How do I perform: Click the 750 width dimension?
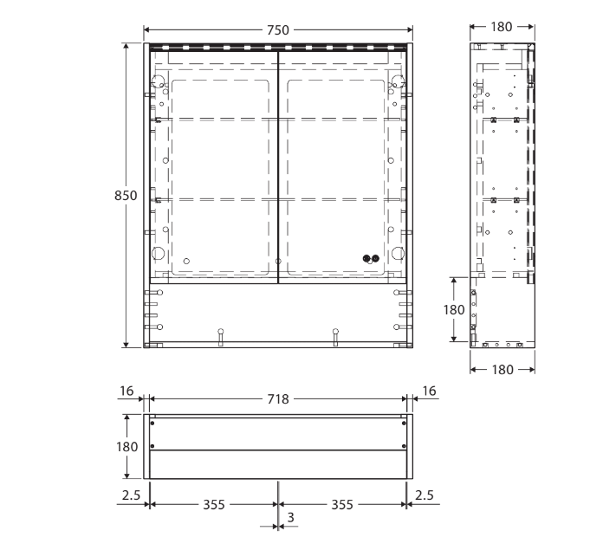click(x=278, y=30)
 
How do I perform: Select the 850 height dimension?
click(x=126, y=196)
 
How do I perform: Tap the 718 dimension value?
click(x=278, y=399)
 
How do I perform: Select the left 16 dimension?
click(x=126, y=392)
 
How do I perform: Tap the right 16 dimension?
click(x=429, y=392)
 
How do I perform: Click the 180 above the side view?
click(x=502, y=27)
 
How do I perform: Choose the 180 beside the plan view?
click(x=126, y=446)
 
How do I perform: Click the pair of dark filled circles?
click(x=371, y=257)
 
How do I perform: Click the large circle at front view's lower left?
click(x=159, y=254)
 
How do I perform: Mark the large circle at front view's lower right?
click(x=397, y=254)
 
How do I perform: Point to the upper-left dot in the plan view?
click(x=153, y=422)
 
